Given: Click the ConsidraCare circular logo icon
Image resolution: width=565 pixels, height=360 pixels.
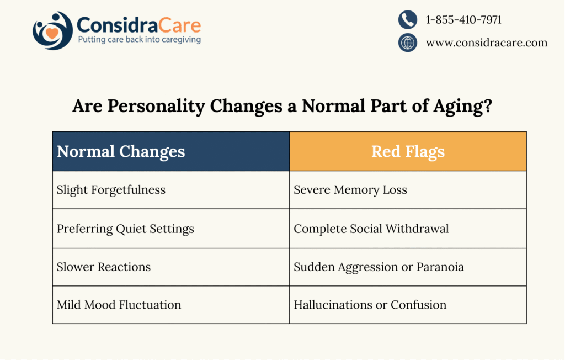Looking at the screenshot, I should [52, 30].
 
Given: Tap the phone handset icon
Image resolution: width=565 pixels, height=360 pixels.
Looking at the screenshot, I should [407, 20].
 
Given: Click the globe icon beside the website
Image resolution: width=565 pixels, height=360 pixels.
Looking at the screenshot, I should [407, 43].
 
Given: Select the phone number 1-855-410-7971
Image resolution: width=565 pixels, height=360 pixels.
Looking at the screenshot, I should [463, 20].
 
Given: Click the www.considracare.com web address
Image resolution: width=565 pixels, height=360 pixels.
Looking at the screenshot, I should [486, 43].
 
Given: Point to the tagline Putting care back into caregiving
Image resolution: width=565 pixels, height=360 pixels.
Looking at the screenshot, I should [139, 40].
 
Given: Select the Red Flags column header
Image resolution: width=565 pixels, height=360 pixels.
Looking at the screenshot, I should [408, 151].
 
